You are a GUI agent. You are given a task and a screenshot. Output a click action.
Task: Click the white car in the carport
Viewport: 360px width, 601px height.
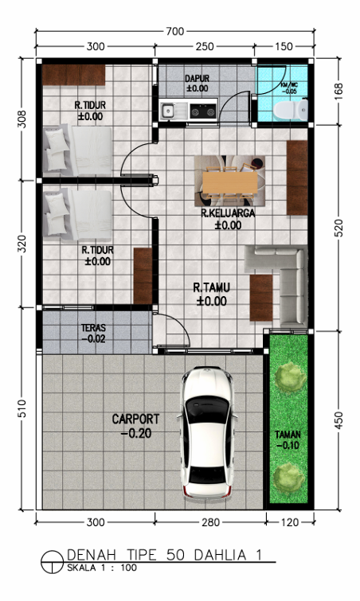207,432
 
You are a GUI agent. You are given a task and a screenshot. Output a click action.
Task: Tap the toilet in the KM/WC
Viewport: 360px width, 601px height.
291,109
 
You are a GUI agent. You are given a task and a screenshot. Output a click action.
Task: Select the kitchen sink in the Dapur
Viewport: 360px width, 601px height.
168,111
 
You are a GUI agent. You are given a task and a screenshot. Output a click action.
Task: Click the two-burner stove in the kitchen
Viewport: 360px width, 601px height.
203,111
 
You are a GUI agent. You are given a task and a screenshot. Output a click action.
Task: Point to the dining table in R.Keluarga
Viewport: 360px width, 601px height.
230,182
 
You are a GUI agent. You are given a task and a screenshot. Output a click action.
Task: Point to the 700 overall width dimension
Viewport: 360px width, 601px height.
175,31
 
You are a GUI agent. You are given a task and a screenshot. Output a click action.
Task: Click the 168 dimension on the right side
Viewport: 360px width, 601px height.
339,92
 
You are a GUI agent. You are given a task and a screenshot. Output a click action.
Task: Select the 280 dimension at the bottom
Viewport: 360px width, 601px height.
211,522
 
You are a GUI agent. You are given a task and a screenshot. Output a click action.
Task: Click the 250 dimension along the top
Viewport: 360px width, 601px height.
205,46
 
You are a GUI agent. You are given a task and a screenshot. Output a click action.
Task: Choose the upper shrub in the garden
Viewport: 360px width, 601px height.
291,378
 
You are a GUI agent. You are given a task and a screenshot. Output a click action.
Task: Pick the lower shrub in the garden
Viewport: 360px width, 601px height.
288,478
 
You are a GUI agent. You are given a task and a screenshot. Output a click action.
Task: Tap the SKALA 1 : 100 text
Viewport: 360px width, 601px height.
102,568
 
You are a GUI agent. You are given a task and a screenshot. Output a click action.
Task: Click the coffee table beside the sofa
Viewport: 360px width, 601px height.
261,298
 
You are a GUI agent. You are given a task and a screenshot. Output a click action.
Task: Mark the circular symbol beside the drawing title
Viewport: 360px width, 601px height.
52,562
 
